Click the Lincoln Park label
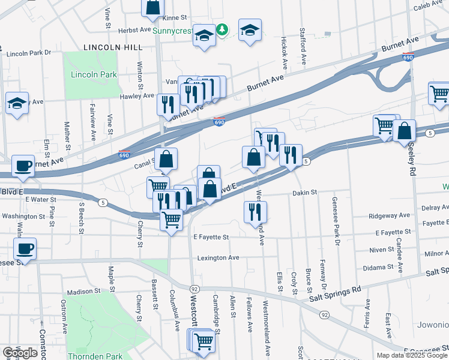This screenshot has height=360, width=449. (x=94, y=75)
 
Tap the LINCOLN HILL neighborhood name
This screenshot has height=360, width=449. (x=113, y=47)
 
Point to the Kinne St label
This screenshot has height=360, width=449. (x=175, y=18)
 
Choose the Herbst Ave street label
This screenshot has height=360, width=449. (x=133, y=29)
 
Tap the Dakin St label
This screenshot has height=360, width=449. (x=304, y=193)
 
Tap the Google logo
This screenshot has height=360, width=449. (x=20, y=352)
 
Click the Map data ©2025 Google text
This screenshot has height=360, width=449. (x=412, y=355)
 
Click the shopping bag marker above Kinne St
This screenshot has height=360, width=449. (x=152, y=6)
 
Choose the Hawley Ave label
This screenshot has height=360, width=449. (x=137, y=95)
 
